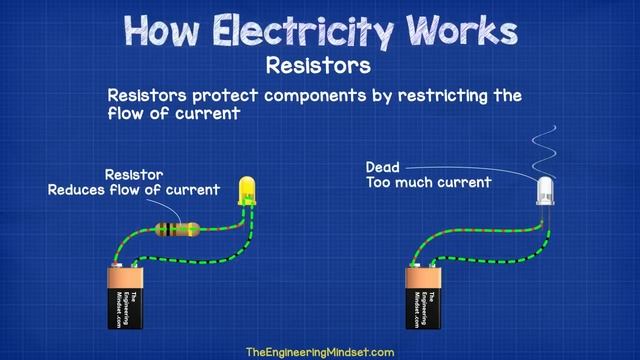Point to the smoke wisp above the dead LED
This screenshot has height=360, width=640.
click(x=545, y=150)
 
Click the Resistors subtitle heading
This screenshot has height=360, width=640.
click(x=319, y=66)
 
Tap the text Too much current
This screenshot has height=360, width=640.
click(x=428, y=183)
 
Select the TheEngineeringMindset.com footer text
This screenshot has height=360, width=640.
click(x=319, y=352)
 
